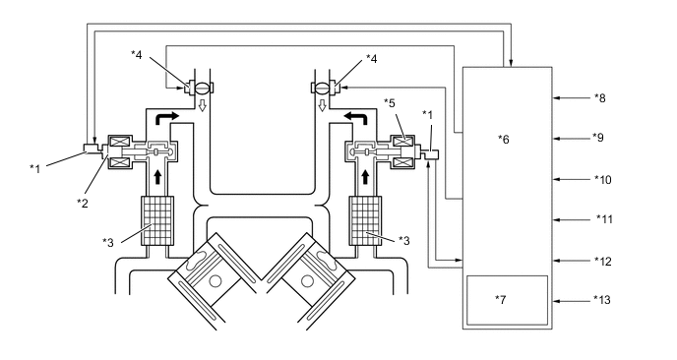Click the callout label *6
tap(504, 139)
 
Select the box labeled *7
tap(508, 300)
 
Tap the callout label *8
tap(599, 98)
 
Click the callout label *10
tap(603, 180)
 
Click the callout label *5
tap(390, 103)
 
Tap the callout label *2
tap(82, 203)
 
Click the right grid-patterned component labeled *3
tap(366, 220)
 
